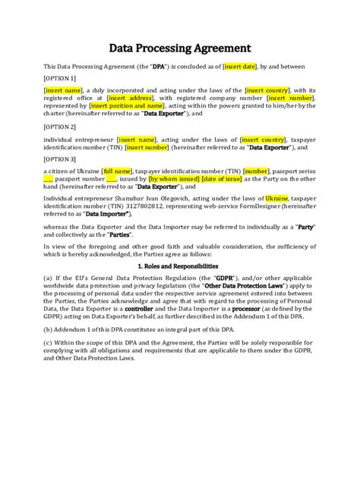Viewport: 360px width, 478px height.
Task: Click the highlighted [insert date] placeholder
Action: [242, 67]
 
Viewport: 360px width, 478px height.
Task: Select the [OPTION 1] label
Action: [60, 77]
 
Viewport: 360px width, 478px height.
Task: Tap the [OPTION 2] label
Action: [60, 126]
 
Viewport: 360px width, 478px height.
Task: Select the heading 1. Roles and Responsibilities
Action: [179, 266]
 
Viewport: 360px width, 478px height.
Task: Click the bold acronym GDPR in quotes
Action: [225, 278]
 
